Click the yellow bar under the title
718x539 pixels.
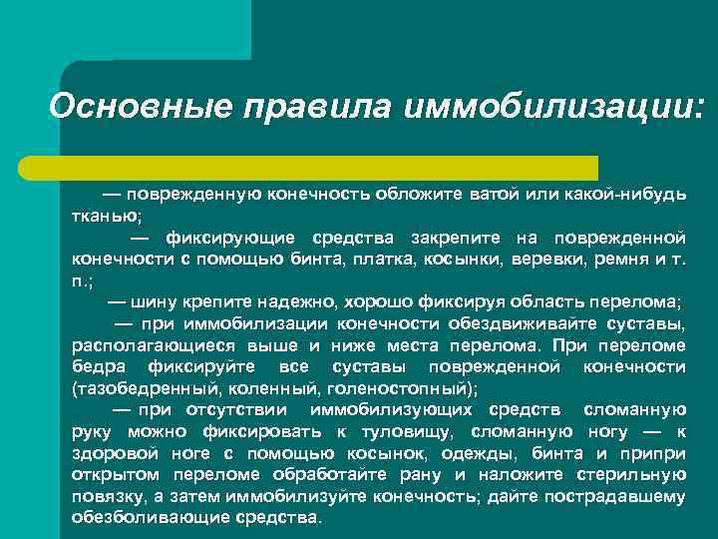point(329,167)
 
